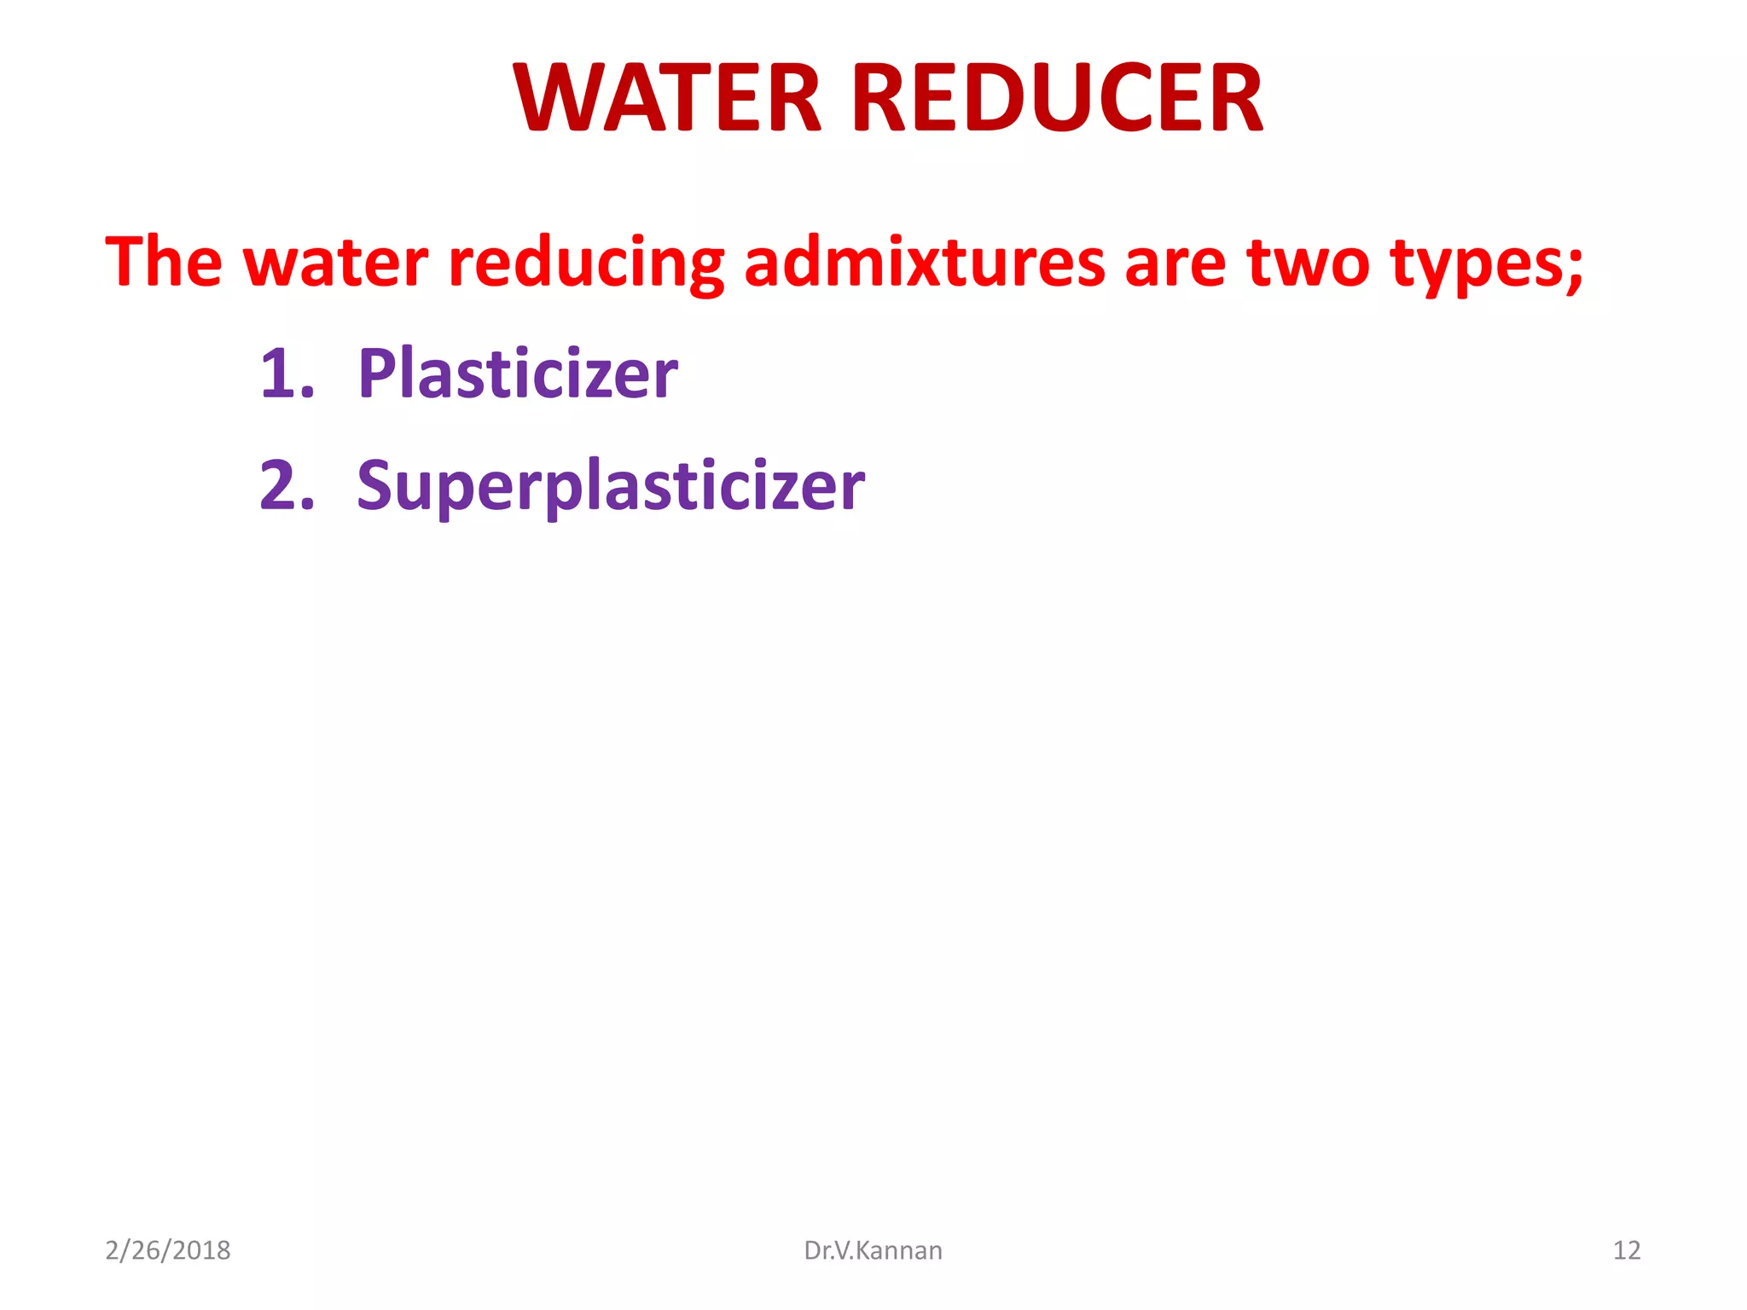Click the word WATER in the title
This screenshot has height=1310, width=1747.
tap(667, 99)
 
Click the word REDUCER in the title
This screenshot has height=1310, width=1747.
tap(1057, 99)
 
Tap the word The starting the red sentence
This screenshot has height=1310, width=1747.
tap(163, 262)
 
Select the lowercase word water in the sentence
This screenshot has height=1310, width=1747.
tap(336, 264)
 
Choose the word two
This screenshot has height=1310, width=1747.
tap(1308, 264)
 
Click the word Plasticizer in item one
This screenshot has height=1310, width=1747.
tap(518, 374)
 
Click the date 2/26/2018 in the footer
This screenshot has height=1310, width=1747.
tap(167, 1250)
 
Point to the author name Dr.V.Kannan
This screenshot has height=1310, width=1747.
tap(873, 1250)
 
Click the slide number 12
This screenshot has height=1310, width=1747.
tap(1626, 1250)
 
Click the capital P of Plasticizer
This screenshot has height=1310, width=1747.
tap(375, 373)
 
